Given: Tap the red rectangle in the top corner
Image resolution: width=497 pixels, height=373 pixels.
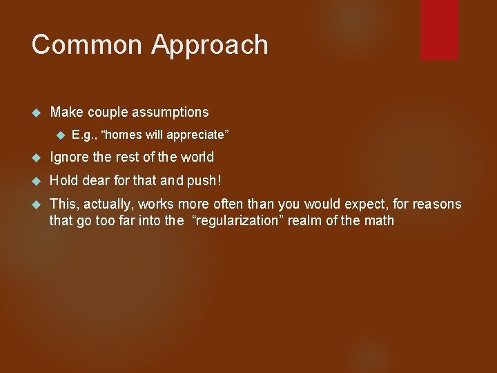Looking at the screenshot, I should coord(439,29).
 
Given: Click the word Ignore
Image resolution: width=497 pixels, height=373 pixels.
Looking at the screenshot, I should coord(70,157).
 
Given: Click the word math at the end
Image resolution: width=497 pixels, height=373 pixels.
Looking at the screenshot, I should coord(380,221).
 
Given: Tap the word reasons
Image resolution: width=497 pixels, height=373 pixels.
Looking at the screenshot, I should coord(436,204).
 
